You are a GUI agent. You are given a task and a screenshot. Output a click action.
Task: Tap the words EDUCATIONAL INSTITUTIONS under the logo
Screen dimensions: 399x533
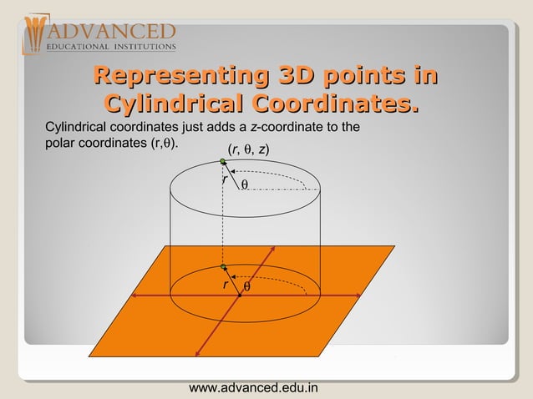coord(110,47)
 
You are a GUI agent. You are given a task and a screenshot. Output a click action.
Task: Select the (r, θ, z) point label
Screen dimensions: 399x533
coord(247,150)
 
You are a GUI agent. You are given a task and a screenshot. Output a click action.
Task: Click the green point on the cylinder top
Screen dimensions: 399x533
coord(222,161)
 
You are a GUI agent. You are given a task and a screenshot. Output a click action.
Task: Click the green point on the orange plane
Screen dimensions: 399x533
coord(223,266)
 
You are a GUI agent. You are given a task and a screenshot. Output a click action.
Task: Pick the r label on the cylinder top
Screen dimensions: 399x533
coord(224,179)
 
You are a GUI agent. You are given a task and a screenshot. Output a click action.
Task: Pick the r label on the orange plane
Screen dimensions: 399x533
coord(224,285)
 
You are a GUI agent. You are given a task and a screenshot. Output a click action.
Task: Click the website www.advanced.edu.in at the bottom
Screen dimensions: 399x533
coord(254,388)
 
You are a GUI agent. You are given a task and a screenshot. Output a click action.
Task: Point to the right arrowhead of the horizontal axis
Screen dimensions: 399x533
coord(358,295)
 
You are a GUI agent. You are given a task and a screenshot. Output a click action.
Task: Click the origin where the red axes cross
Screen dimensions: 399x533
coord(239,295)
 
